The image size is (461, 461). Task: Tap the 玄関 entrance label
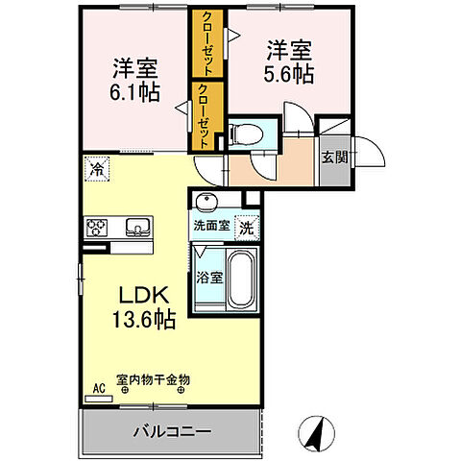[332, 158]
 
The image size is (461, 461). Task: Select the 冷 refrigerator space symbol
[96, 168]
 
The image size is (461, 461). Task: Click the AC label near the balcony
[98, 389]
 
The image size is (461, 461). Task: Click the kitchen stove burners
[99, 228]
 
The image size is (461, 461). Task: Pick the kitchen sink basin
[136, 228]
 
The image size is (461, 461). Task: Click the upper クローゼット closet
[206, 43]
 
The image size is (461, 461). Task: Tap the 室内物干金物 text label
[153, 379]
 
